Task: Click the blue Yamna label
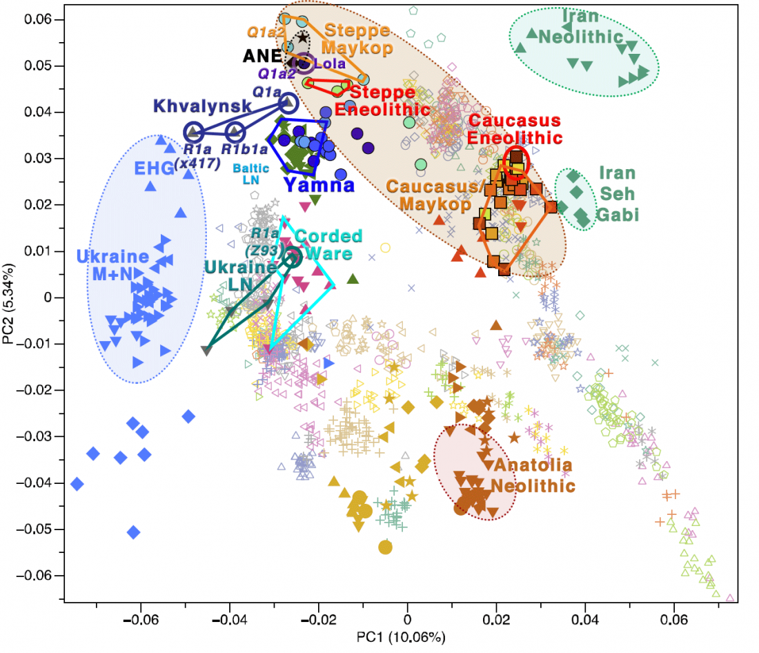tap(319, 185)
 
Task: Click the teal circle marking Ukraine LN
tap(293, 258)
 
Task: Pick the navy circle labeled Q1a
tap(288, 104)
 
